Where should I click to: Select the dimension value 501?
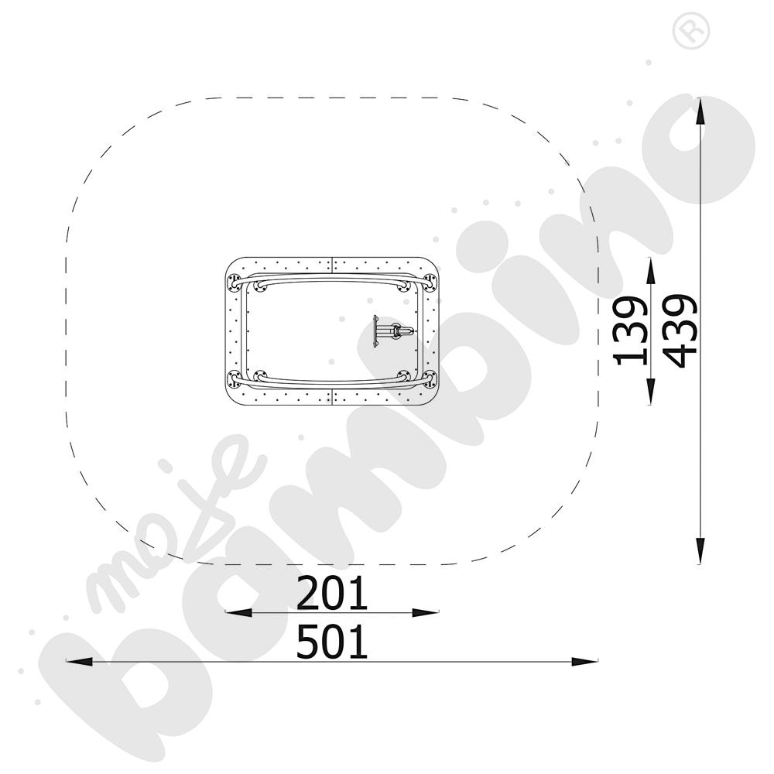(x=332, y=641)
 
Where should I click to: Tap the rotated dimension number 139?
(x=631, y=330)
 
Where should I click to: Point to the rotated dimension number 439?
(x=680, y=330)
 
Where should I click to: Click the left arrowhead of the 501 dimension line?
(x=79, y=662)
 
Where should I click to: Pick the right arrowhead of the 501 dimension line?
(x=585, y=662)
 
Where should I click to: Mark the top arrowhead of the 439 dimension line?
(x=700, y=111)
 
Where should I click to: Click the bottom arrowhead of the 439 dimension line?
(x=700, y=551)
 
